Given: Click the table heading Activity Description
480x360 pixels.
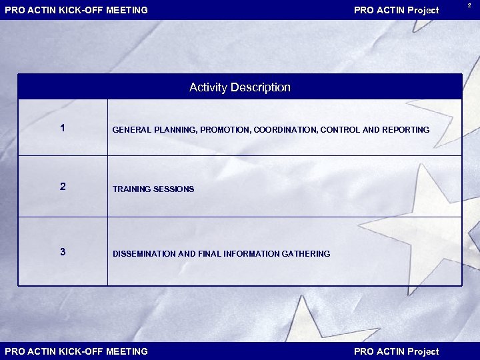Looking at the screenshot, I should (240, 87).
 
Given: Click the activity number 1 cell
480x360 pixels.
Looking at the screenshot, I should (63, 128).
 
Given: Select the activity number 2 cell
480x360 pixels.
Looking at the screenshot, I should (63, 187).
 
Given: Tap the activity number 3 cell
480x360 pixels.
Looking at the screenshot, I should (63, 251).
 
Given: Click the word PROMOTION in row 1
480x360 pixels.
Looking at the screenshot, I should (225, 130).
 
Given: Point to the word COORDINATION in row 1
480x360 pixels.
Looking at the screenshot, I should (285, 130).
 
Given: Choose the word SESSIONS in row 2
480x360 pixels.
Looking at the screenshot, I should (174, 189).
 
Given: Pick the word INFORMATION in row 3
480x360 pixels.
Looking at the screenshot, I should (250, 254).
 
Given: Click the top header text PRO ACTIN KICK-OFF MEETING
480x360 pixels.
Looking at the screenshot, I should (77, 10).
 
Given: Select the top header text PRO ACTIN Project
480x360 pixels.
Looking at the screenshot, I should (396, 10).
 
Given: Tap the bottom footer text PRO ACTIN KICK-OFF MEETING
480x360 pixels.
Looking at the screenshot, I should (77, 351).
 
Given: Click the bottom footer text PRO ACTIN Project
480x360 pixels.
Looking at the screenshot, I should (396, 351).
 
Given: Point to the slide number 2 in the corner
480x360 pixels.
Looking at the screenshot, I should (469, 5).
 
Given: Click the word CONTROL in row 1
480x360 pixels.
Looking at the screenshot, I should (339, 130).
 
